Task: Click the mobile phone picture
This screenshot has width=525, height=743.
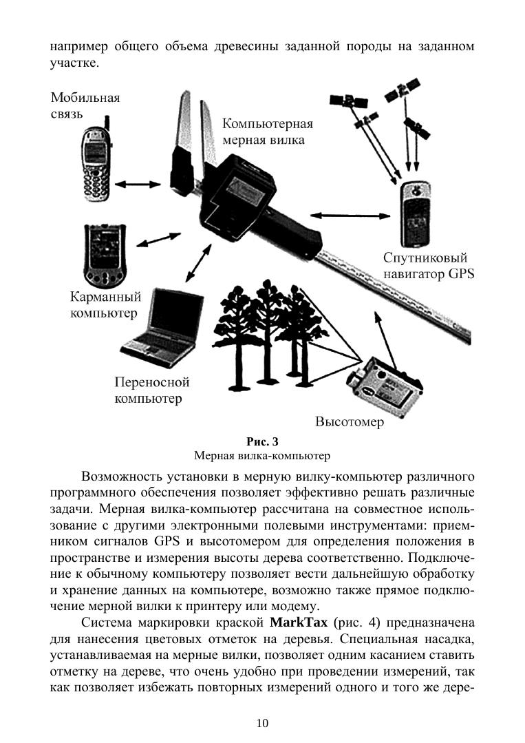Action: click(x=94, y=165)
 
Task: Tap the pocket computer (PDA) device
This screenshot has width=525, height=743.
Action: click(x=105, y=253)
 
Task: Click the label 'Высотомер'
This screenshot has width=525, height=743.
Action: click(x=350, y=422)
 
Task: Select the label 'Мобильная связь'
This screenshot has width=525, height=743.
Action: click(x=85, y=105)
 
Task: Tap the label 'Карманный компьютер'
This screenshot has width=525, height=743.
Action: click(x=105, y=305)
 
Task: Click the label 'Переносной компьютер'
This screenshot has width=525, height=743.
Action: click(x=151, y=390)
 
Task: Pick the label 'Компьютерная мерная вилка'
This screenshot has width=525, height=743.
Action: click(x=268, y=132)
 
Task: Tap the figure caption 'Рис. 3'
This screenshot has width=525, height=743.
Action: click(x=262, y=441)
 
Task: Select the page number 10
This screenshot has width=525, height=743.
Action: click(x=262, y=722)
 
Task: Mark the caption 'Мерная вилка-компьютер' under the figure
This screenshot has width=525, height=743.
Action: click(x=262, y=455)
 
